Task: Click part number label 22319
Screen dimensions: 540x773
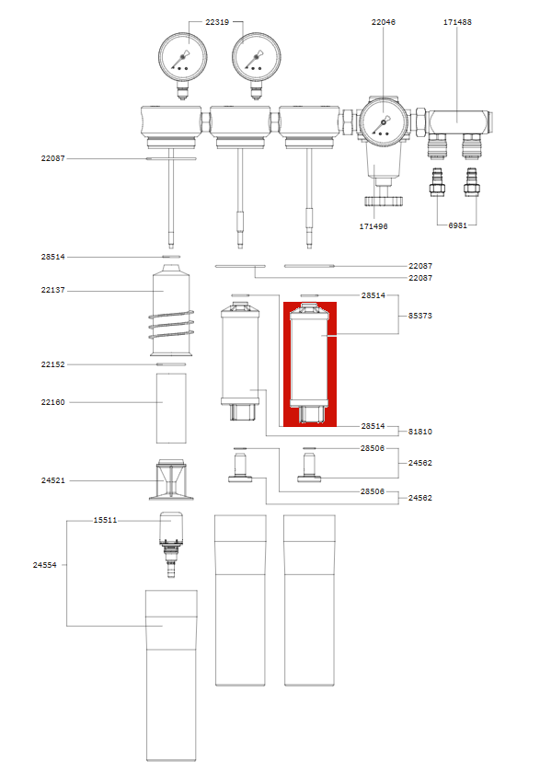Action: coord(217,22)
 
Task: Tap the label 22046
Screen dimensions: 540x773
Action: coord(384,22)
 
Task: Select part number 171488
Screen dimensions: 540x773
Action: coord(457,22)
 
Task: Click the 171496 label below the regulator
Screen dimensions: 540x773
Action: coord(373,226)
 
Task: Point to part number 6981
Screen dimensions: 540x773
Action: coord(457,225)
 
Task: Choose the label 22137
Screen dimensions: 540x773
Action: coord(52,290)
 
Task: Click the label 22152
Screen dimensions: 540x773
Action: coord(52,364)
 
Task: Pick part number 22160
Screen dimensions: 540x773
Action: coord(52,402)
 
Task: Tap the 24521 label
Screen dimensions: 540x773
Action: coord(52,480)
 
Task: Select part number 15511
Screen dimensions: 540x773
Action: coord(106,520)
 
